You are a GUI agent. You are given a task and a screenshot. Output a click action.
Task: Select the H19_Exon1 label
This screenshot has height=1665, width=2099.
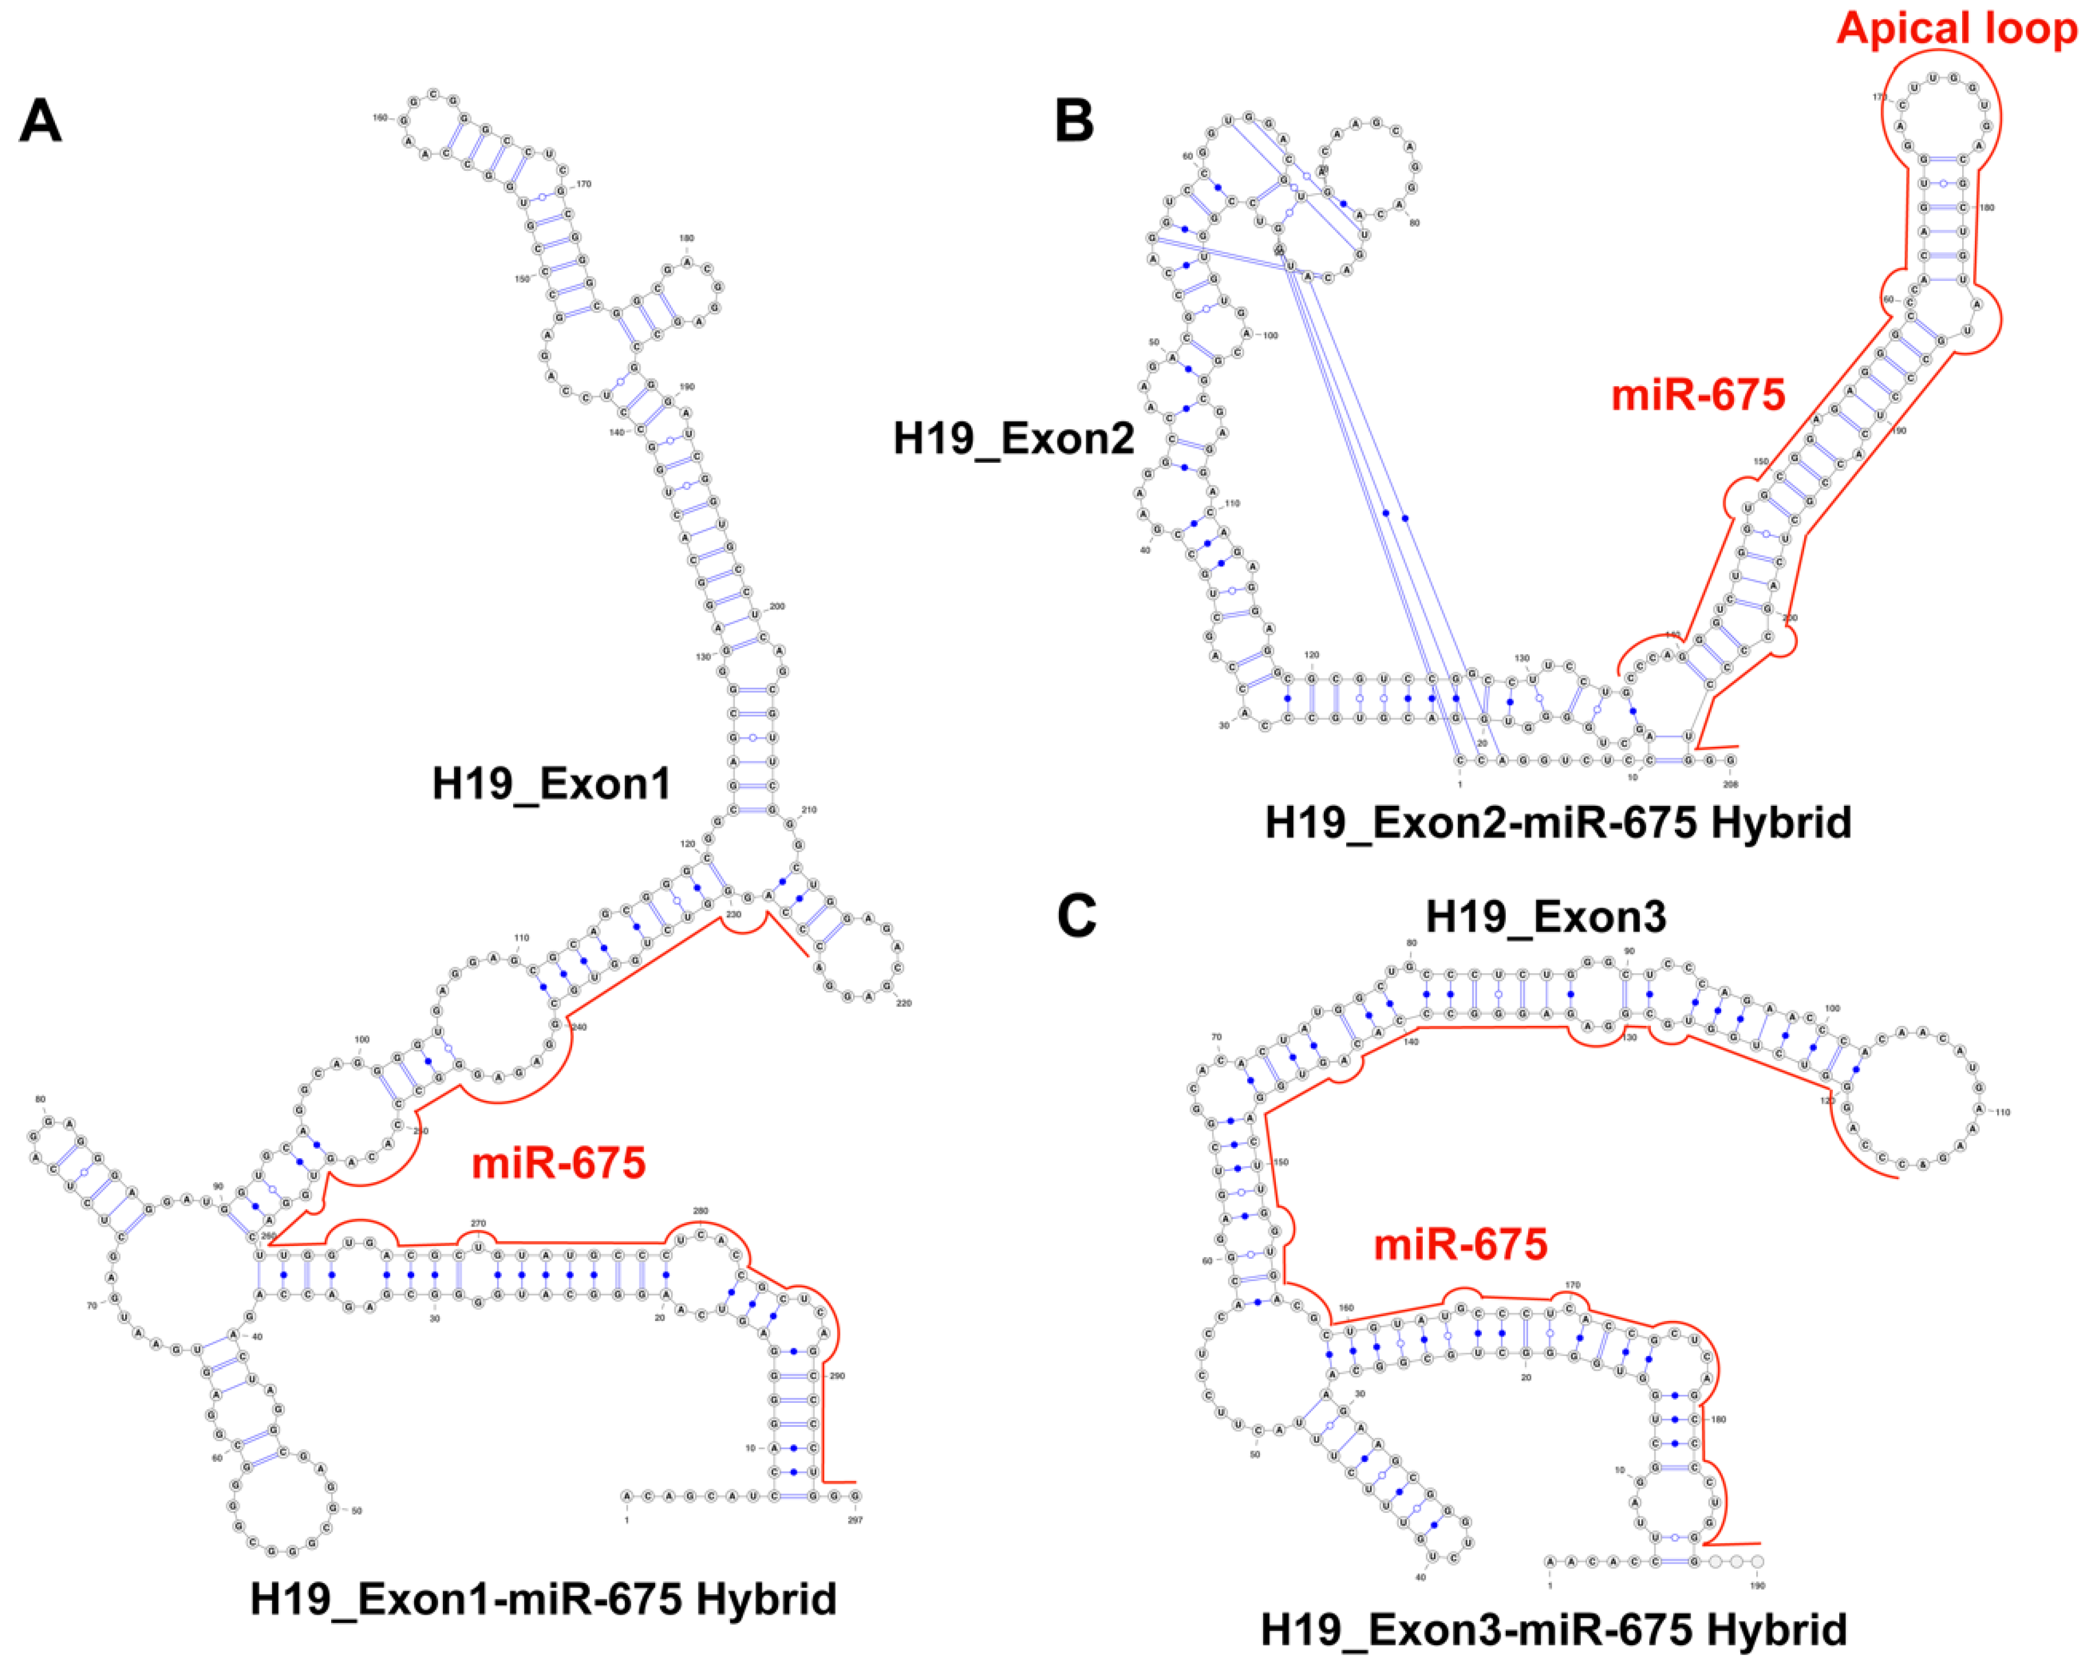[x=552, y=784]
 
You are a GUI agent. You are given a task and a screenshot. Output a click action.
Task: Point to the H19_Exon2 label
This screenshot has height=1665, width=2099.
[x=1013, y=438]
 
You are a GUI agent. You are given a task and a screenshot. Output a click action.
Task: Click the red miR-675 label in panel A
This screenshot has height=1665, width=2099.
[x=559, y=1163]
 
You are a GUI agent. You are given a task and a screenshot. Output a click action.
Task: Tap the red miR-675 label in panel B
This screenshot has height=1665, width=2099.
[x=1698, y=394]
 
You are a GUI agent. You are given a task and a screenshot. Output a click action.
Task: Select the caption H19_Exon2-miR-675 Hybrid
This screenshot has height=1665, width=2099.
[x=1558, y=823]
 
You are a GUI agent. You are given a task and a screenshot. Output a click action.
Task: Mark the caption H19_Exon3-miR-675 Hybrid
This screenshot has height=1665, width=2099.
[x=1554, y=1629]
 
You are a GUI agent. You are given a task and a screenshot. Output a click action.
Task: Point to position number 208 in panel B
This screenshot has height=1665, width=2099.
[x=1730, y=783]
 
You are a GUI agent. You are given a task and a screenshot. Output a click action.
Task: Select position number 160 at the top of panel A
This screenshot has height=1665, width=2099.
[x=380, y=118]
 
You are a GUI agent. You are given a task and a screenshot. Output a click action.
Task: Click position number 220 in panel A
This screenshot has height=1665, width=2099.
[x=904, y=1003]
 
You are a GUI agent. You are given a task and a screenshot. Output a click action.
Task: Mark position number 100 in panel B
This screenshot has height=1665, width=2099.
[x=1271, y=335]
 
